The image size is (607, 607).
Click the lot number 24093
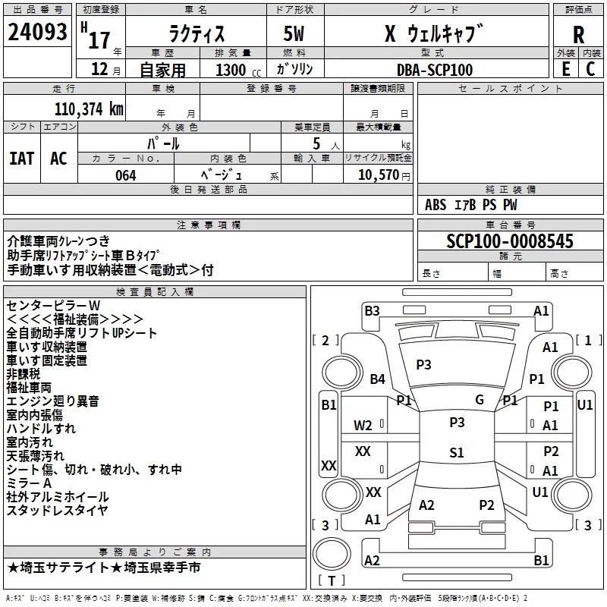37,32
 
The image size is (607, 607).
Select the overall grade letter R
578,35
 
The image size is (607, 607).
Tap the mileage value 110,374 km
89,109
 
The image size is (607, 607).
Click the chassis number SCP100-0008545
510,241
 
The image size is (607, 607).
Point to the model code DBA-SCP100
435,70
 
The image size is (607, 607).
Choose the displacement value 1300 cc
238,70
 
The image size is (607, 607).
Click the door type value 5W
294,33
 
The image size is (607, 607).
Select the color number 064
126,175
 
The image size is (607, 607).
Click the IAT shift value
22,159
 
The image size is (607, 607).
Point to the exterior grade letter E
565,69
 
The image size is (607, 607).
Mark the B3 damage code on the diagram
372,311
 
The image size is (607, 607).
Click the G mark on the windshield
480,400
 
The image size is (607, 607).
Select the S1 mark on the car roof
457,452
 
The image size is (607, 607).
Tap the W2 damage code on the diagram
363,426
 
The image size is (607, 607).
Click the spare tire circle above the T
332,554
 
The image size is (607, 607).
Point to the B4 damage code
377,379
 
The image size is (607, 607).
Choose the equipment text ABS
436,205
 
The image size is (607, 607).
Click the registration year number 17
99,40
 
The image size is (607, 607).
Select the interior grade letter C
590,69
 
